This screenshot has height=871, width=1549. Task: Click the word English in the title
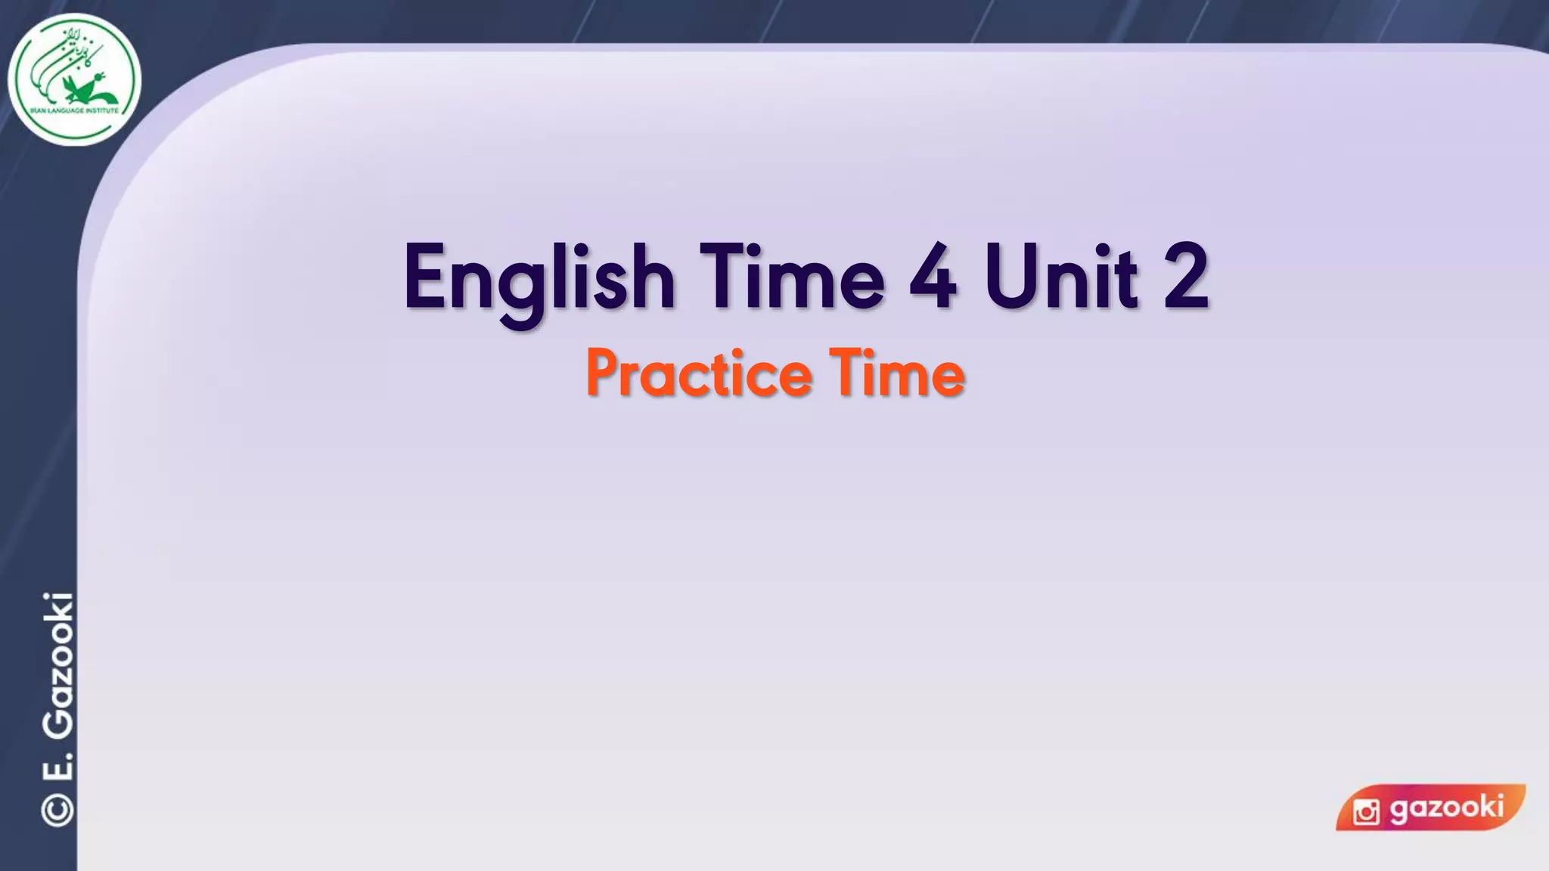point(539,278)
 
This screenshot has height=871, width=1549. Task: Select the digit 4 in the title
point(933,277)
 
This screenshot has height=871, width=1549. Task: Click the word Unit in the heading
point(1061,277)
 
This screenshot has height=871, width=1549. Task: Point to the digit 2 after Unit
point(1185,277)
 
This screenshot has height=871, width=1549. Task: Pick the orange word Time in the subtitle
point(897,373)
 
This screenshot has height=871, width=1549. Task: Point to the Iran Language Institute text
point(74,111)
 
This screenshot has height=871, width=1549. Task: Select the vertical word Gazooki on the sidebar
point(57,665)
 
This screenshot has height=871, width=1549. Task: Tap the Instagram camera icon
point(1366,812)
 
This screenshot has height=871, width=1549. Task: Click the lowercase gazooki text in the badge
point(1446,807)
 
